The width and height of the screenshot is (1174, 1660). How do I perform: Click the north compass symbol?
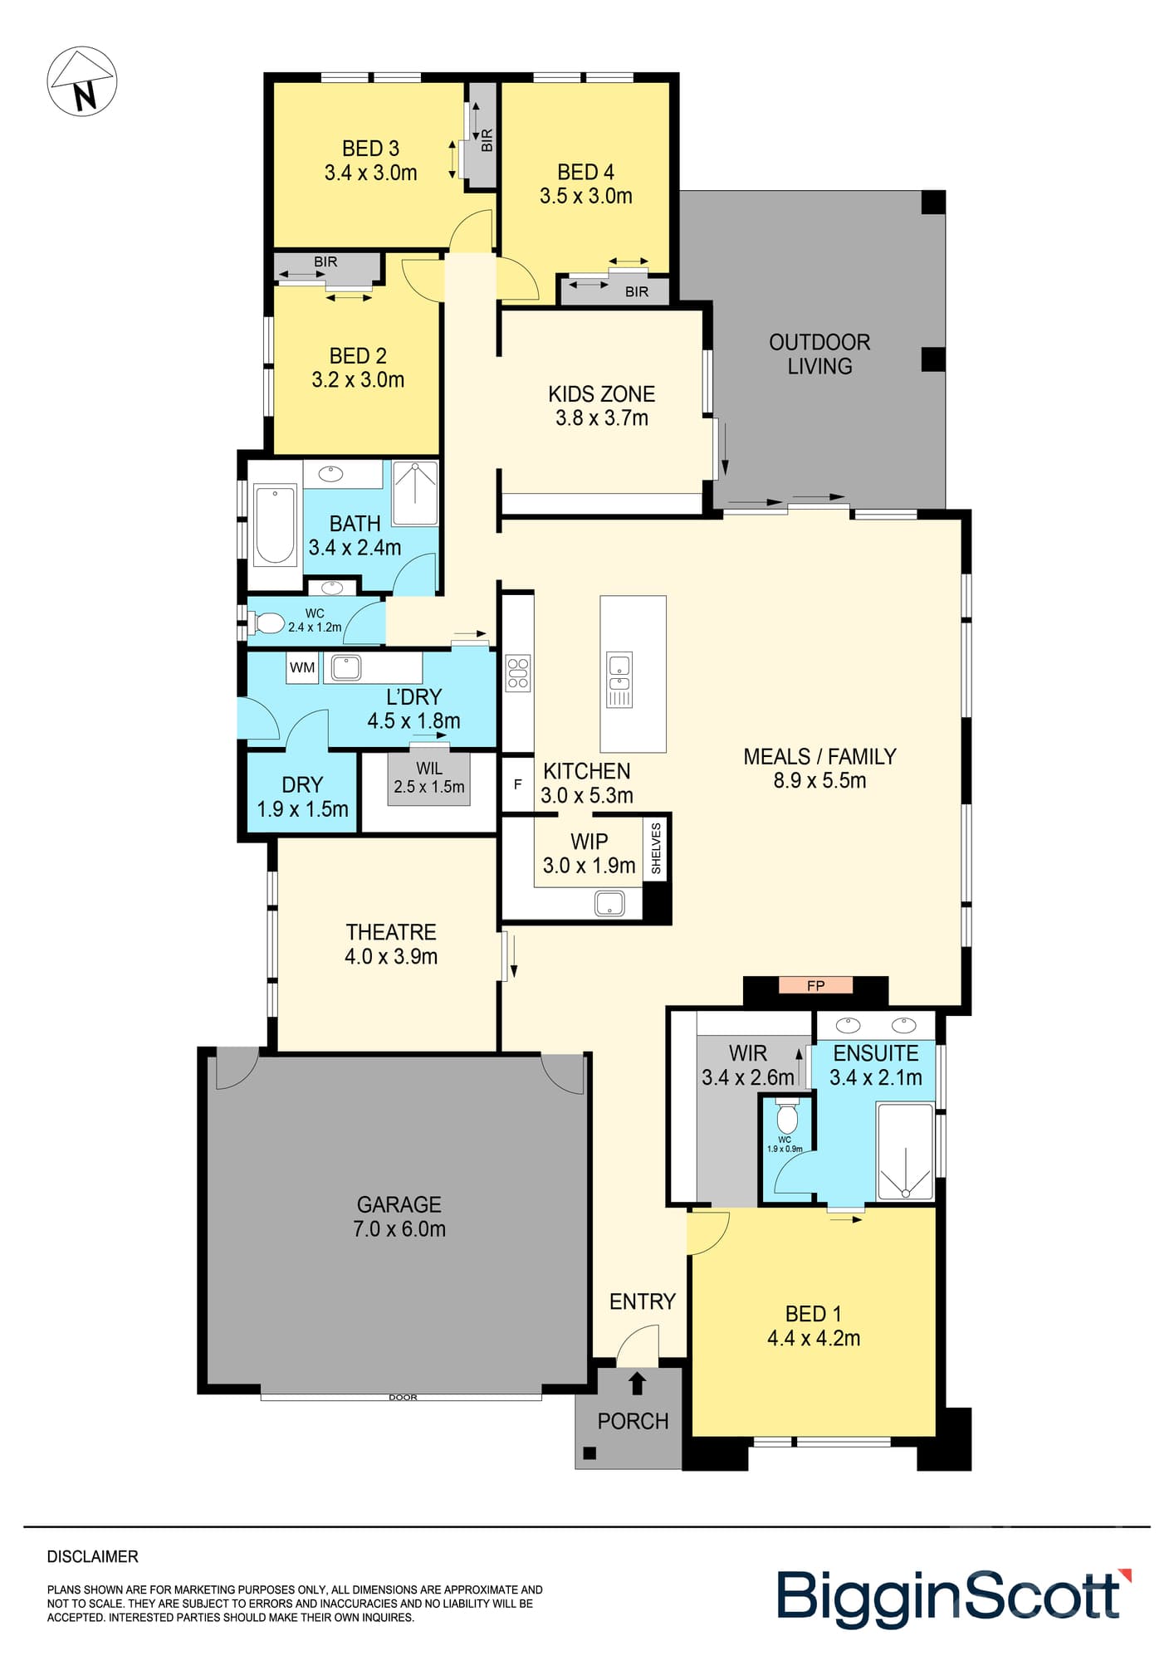82,81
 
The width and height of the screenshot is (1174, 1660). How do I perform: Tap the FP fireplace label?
815,985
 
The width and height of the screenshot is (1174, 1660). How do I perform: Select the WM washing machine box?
302,667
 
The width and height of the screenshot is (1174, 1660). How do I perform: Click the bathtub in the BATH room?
275,525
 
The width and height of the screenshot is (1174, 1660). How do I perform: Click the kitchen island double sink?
619,679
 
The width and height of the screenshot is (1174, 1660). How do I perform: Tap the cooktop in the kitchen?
518,673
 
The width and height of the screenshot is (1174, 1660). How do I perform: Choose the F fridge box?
517,784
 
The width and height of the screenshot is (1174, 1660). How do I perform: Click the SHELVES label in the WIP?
656,848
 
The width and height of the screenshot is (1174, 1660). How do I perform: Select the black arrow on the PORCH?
637,1383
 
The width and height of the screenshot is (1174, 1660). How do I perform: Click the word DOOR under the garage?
403,1398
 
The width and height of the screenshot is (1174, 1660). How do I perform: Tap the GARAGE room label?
399,1204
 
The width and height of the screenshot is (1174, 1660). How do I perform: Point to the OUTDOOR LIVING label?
819,354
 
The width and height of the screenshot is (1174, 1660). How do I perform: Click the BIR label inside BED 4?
637,291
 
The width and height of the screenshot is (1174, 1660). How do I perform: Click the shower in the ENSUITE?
905,1150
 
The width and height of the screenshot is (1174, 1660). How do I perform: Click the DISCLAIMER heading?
93,1557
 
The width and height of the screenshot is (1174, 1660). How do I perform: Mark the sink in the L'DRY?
346,667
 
